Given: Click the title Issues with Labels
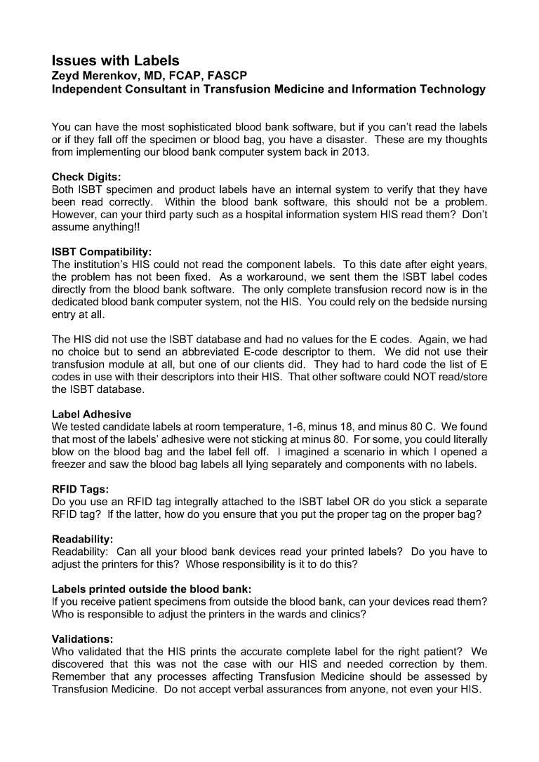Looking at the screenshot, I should click(x=116, y=61).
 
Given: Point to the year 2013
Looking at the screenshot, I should click(x=354, y=152).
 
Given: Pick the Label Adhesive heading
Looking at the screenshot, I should click(x=91, y=415).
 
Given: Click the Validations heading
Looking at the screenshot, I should click(x=83, y=639).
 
